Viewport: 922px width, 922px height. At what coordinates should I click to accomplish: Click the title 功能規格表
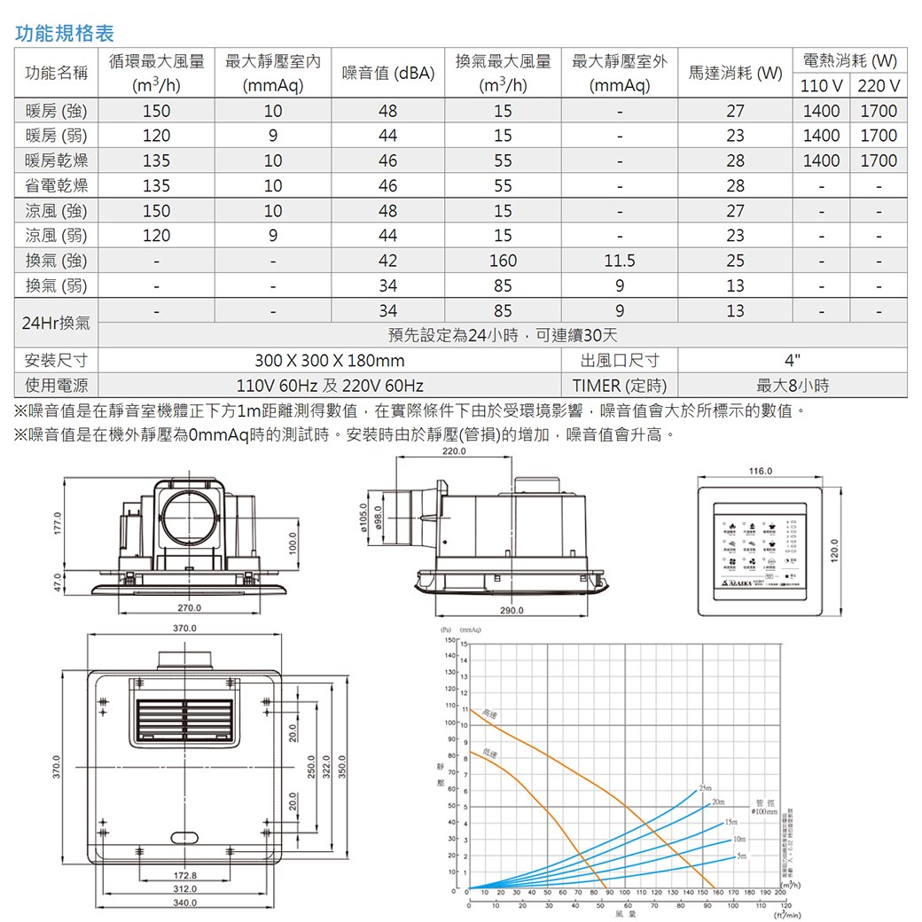(x=66, y=35)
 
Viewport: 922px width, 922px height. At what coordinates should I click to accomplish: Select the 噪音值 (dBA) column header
(x=387, y=74)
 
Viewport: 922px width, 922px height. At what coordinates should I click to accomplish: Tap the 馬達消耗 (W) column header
(x=735, y=74)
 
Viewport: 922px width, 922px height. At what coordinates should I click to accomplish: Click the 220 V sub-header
(x=878, y=86)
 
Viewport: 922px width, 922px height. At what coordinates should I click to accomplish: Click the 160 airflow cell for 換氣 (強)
(x=503, y=262)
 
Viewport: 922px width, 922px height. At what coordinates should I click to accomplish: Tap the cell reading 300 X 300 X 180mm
(x=329, y=362)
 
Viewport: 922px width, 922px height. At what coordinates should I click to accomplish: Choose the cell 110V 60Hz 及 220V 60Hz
(x=329, y=387)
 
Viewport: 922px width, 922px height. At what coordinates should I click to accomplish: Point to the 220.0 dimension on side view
(x=453, y=452)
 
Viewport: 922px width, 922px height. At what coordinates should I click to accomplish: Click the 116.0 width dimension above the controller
(x=761, y=471)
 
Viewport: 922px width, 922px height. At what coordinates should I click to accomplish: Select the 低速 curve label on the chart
(x=488, y=754)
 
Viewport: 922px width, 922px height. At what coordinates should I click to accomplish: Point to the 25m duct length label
(x=705, y=788)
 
